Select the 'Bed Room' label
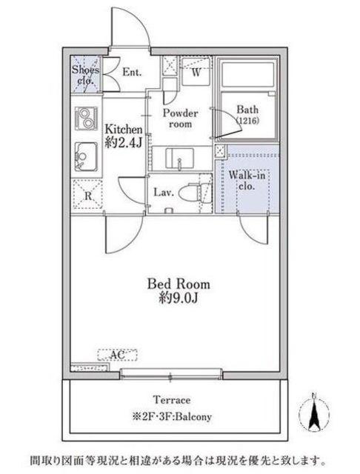pyautogui.click(x=179, y=284)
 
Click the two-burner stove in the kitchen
pyautogui.click(x=85, y=118)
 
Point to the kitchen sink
pyautogui.click(x=86, y=157)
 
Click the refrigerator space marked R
pyautogui.click(x=87, y=194)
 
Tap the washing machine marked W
pyautogui.click(x=196, y=72)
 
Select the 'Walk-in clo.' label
pyautogui.click(x=247, y=180)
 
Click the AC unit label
pyautogui.click(x=117, y=355)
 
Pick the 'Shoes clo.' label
pyautogui.click(x=85, y=75)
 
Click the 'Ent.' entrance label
pyautogui.click(x=132, y=73)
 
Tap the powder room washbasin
pyautogui.click(x=179, y=158)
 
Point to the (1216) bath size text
pyautogui.click(x=247, y=121)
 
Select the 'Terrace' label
pyautogui.click(x=173, y=400)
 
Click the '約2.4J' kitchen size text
pyautogui.click(x=123, y=142)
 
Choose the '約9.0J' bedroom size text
pyautogui.click(x=179, y=298)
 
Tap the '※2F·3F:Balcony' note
pyautogui.click(x=172, y=416)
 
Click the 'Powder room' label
pyautogui.click(x=181, y=118)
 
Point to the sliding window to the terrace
pyautogui.click(x=171, y=373)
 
